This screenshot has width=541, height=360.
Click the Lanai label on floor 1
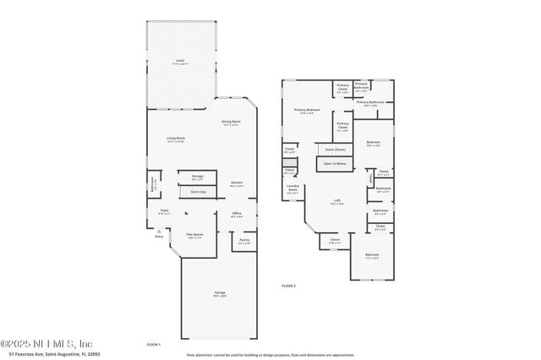[180, 61]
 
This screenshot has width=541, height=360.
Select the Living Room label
[175, 139]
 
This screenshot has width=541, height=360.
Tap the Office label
[237, 214]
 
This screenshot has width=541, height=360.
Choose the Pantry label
[244, 241]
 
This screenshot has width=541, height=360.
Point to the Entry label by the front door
[158, 237]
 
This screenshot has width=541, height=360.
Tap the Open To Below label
[335, 163]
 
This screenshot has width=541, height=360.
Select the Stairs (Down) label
[336, 149]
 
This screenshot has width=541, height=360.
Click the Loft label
[336, 201]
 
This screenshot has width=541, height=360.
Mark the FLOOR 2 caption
[288, 286]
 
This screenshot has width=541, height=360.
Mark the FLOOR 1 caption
[153, 344]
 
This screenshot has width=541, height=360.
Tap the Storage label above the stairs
[197, 177]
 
